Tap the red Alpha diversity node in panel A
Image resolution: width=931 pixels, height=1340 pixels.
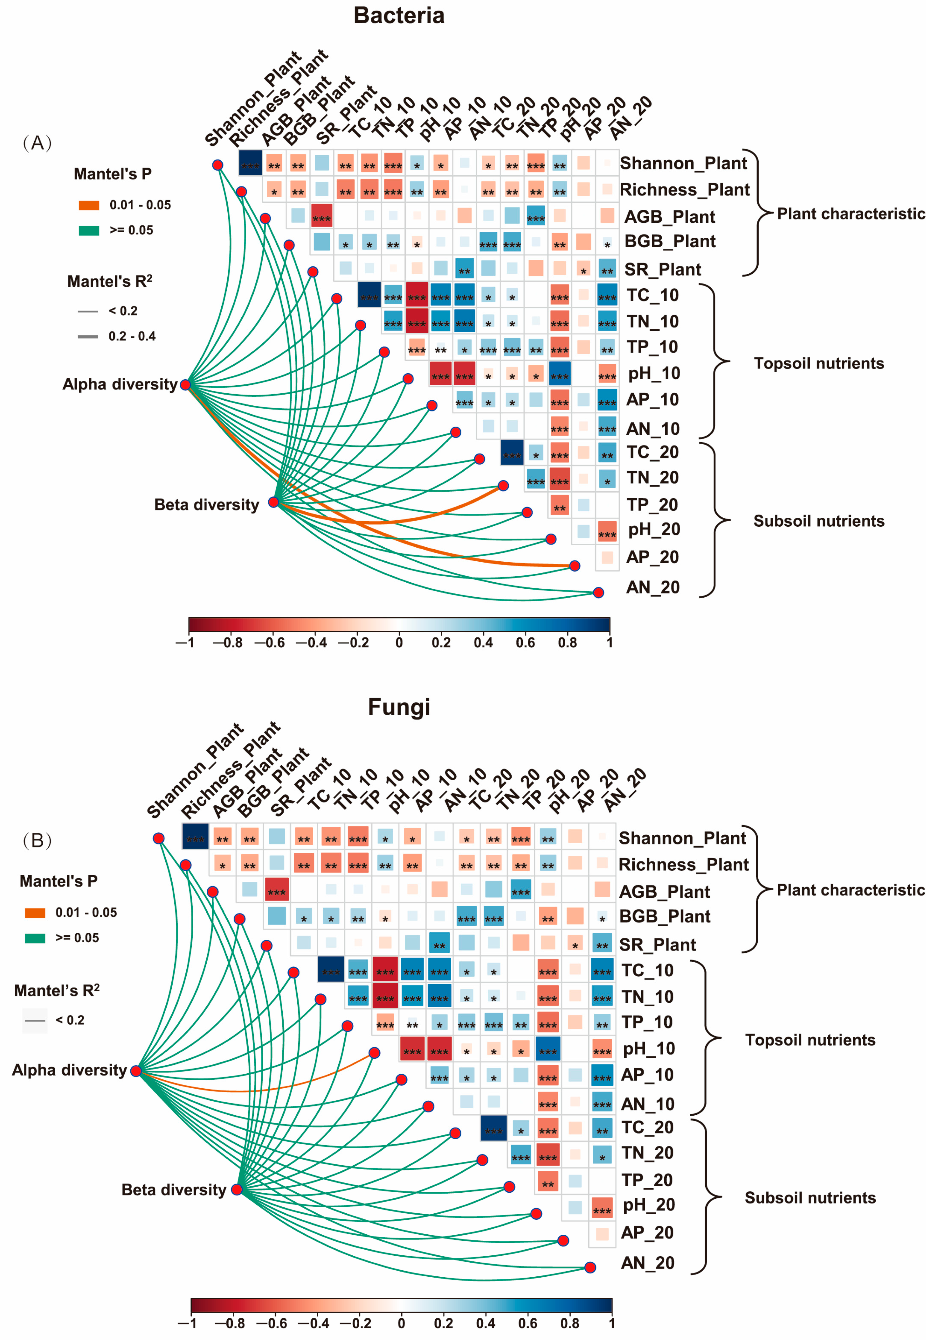[x=185, y=385]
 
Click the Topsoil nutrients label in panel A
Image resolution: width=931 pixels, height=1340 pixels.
[x=818, y=364]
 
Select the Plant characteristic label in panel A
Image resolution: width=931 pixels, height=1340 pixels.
[x=851, y=214]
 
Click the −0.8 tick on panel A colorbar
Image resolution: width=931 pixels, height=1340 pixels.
[x=227, y=642]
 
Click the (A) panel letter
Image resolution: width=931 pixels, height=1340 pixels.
[x=37, y=143]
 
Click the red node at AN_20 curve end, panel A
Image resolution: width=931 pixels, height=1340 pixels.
[x=598, y=593]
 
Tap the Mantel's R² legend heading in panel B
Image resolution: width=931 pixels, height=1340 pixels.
[x=57, y=990]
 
